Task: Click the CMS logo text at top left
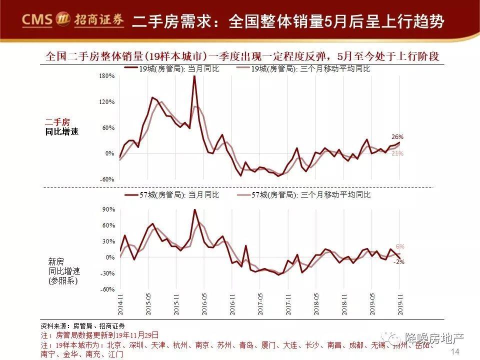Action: coord(37,20)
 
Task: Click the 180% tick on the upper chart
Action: coord(107,76)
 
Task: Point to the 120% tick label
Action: coord(107,102)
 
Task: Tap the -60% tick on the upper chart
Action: coord(107,179)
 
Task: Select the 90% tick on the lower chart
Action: coord(108,209)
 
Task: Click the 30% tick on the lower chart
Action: coord(108,241)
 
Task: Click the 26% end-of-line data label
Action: coord(397,137)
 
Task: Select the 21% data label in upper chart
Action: coord(397,153)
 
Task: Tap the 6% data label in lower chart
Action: coord(399,246)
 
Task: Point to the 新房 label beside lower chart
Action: coord(56,261)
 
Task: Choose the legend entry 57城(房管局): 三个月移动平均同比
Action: coord(310,194)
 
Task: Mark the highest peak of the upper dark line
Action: coord(194,76)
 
